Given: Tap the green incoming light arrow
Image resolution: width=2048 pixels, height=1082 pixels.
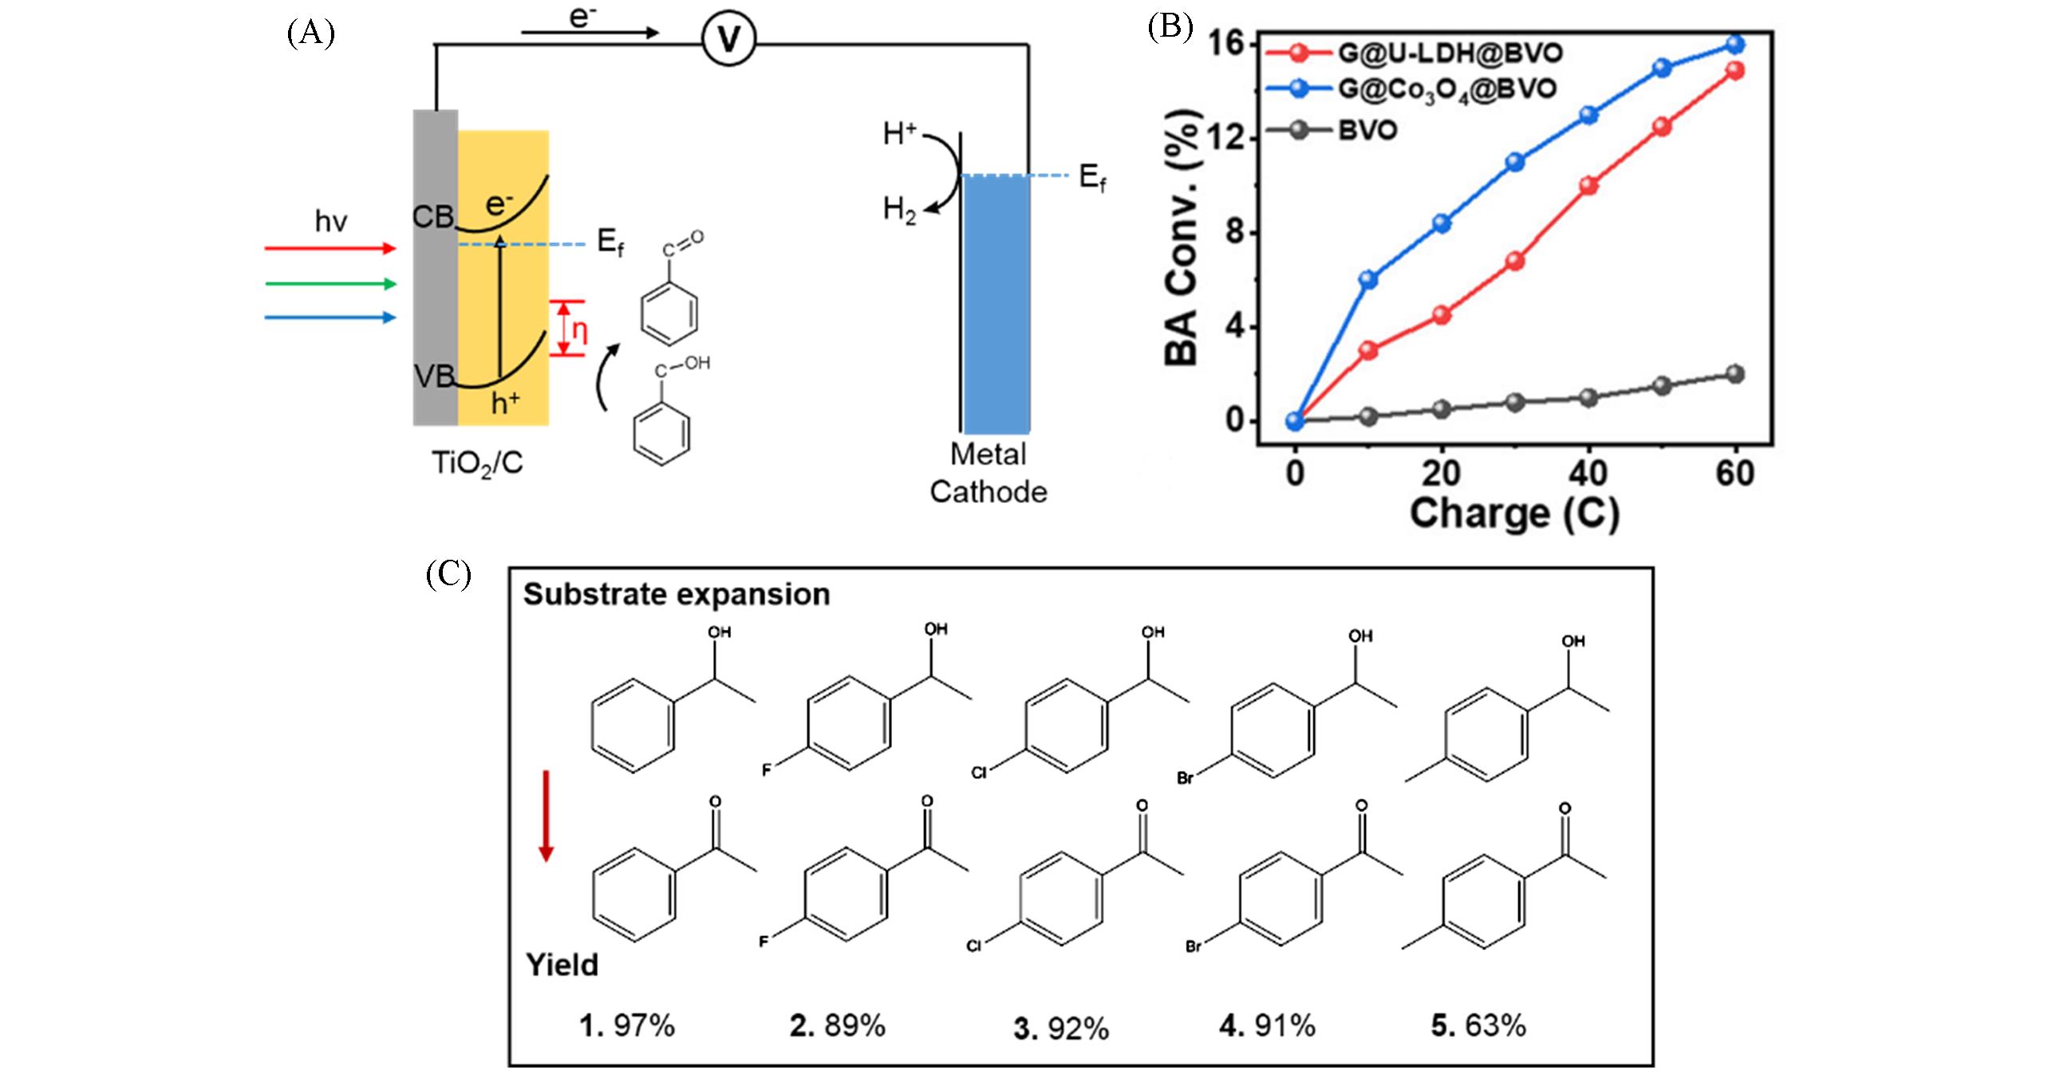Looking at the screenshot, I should (x=330, y=284).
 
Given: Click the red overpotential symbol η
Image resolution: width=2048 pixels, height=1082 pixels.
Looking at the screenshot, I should (x=579, y=330).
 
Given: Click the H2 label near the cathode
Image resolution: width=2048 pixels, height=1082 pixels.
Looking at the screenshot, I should (x=899, y=211).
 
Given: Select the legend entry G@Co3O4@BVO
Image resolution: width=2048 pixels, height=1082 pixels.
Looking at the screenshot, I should (x=1446, y=89).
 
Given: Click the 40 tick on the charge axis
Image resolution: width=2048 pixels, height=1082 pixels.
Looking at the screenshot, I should (x=1588, y=474).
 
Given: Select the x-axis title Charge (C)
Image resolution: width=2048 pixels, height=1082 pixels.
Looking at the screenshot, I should (x=1513, y=513).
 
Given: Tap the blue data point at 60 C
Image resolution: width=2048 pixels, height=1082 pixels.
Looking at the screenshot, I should (x=1735, y=44).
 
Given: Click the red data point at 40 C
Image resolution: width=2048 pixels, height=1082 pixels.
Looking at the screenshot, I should (x=1588, y=186).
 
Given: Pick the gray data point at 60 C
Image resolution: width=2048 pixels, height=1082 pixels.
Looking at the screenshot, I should (x=1735, y=374).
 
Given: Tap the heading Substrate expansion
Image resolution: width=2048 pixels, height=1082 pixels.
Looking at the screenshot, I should (x=677, y=595).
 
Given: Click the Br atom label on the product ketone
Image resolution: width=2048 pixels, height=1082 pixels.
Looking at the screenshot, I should (x=1194, y=947).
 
